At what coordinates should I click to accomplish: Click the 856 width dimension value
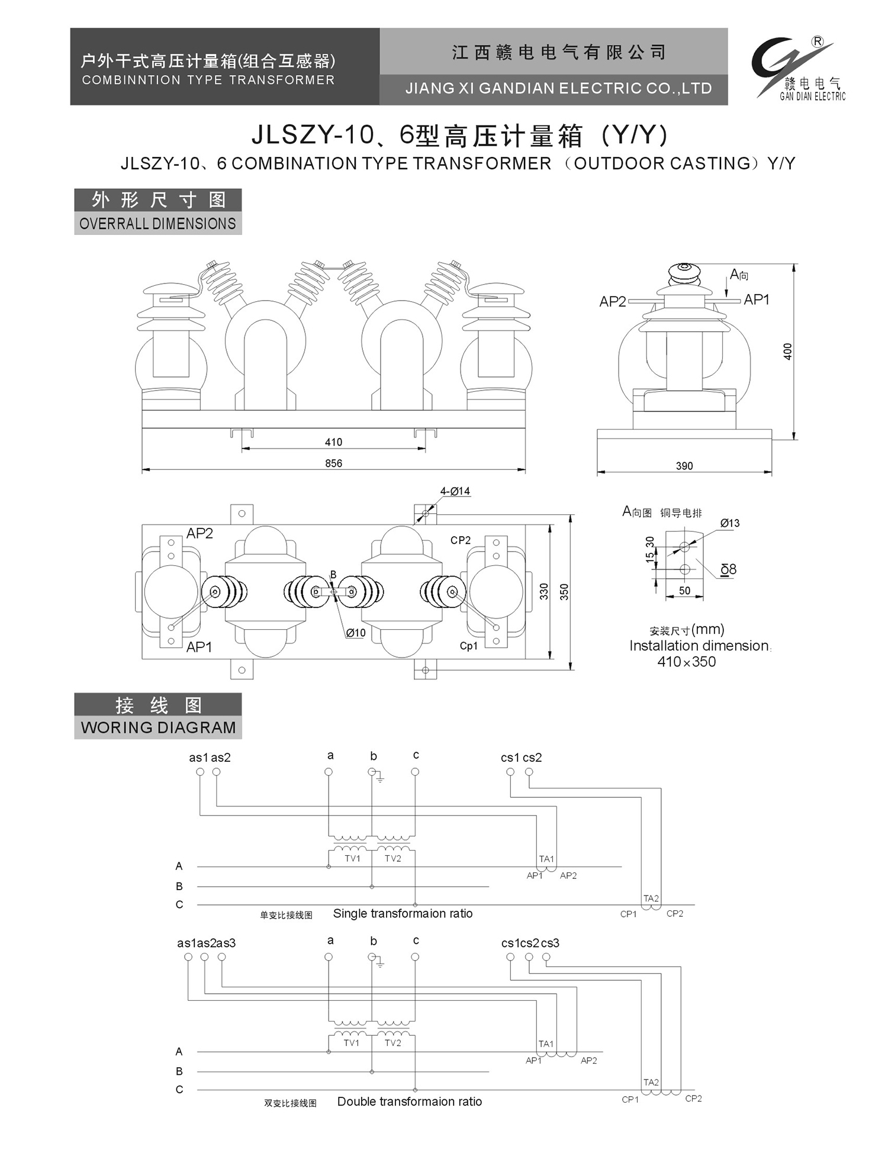point(333,463)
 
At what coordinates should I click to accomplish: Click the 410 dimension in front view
point(333,442)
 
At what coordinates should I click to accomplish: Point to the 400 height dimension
point(787,352)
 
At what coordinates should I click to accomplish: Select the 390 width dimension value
point(684,466)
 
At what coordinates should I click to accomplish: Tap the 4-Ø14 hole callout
point(455,491)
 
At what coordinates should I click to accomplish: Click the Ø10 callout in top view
point(356,633)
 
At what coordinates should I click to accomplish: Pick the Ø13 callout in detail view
point(730,523)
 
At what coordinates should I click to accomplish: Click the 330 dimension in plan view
point(544,591)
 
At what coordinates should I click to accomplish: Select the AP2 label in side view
point(612,302)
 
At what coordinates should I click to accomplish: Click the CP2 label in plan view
point(460,540)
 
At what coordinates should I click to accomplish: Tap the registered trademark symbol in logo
point(818,41)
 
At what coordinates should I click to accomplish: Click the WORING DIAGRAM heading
point(158,727)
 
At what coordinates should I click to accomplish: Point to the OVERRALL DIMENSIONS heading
point(157,224)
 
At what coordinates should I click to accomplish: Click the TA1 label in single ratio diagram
point(546,859)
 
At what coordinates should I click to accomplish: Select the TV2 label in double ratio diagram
point(392,1043)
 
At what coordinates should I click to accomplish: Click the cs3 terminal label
point(549,943)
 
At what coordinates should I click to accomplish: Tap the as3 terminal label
point(226,943)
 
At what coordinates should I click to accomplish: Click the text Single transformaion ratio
point(403,913)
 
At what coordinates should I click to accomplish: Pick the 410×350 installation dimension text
point(686,662)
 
